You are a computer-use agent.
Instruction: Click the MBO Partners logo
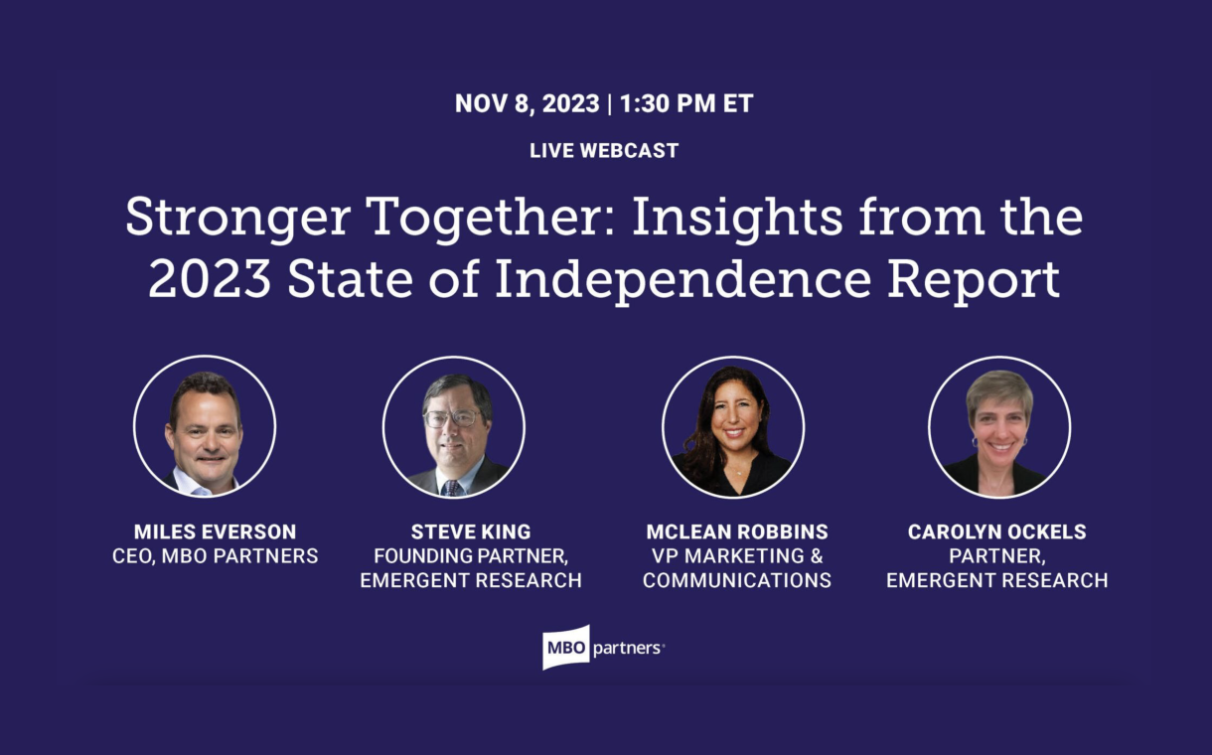pyautogui.click(x=603, y=648)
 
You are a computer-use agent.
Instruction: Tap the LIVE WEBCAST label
pyautogui.click(x=604, y=150)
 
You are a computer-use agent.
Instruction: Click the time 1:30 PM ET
pyautogui.click(x=686, y=103)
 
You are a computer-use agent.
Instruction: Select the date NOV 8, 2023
pyautogui.click(x=527, y=103)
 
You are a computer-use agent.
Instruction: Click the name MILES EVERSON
pyautogui.click(x=215, y=531)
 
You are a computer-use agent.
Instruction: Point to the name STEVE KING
pyautogui.click(x=471, y=531)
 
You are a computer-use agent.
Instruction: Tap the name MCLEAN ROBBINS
pyautogui.click(x=737, y=531)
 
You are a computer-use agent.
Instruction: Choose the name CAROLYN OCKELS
pyautogui.click(x=996, y=531)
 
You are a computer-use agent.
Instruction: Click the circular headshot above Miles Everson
pyautogui.click(x=205, y=426)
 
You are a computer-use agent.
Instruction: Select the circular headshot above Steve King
pyautogui.click(x=453, y=427)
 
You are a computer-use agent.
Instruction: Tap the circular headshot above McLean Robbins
pyautogui.click(x=733, y=427)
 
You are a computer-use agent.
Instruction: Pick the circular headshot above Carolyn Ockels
pyautogui.click(x=999, y=427)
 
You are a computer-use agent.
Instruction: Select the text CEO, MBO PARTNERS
pyautogui.click(x=215, y=556)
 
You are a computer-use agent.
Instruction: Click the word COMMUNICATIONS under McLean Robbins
pyautogui.click(x=737, y=580)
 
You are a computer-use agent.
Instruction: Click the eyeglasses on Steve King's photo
pyautogui.click(x=453, y=418)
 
